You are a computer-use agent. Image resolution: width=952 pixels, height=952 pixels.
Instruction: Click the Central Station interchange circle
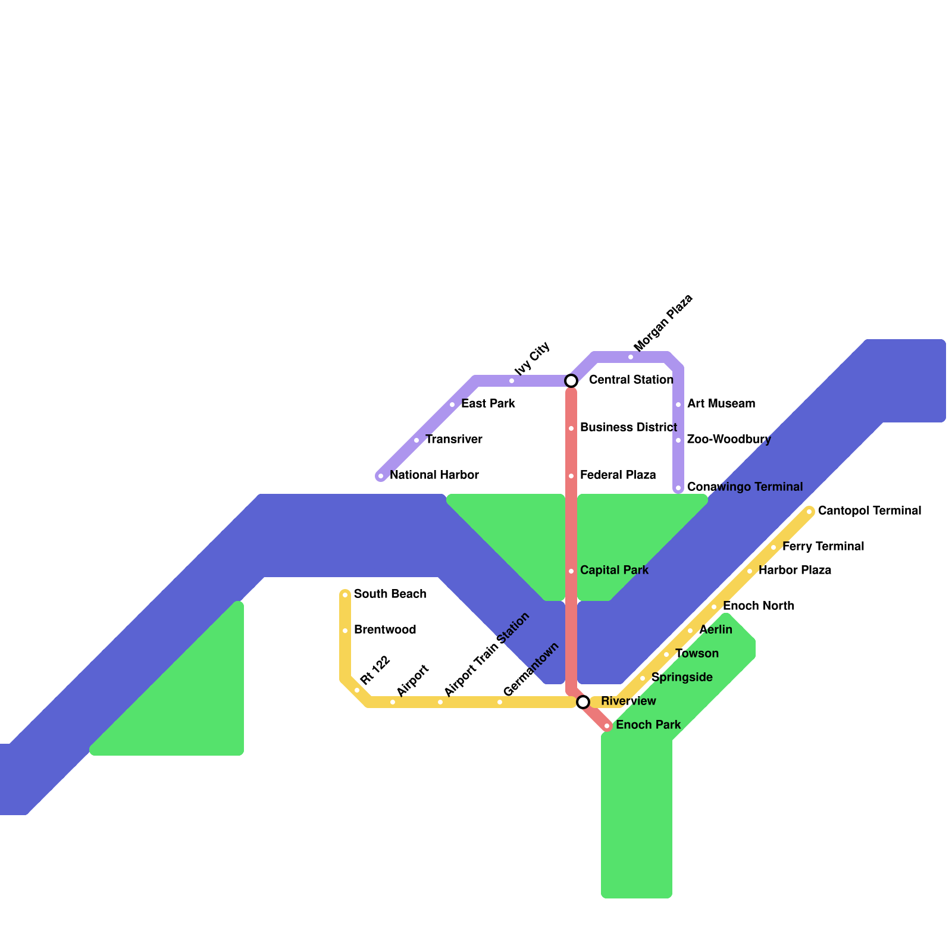coord(571,380)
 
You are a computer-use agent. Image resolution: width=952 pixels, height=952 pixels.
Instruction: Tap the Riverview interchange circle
coord(583,702)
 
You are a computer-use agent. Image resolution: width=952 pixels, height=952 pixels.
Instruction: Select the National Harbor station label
coord(434,475)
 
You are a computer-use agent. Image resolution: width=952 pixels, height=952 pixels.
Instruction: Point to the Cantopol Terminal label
coord(869,511)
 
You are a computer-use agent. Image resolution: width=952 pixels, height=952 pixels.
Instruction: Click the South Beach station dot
coord(345,595)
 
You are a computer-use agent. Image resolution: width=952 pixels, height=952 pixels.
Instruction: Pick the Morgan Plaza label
coord(663,322)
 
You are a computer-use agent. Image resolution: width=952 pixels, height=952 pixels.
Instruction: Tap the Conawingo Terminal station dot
coord(678,488)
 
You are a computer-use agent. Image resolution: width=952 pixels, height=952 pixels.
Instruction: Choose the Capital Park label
coord(614,571)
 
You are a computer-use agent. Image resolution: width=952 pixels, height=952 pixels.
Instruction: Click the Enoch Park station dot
coord(607,726)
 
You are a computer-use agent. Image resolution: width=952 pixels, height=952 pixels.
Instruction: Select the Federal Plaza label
coord(618,475)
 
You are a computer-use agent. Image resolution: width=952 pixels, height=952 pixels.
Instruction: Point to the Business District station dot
coord(571,428)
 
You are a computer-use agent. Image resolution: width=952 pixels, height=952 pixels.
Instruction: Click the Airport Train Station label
coord(487,654)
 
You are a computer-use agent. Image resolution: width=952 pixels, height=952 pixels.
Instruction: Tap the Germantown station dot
coord(500,702)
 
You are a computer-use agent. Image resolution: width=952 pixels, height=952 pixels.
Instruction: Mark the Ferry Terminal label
coord(823,547)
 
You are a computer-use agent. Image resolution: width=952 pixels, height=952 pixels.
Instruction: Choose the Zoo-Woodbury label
coord(729,440)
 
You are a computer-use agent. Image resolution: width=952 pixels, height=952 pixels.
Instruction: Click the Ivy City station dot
coord(512,381)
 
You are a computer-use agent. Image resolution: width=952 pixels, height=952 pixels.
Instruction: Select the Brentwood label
coord(384,630)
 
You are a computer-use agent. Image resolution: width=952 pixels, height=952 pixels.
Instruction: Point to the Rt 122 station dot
coord(357,690)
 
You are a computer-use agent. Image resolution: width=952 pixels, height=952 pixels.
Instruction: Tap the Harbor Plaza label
coord(794,571)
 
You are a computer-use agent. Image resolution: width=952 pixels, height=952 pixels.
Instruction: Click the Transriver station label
coord(453,440)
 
